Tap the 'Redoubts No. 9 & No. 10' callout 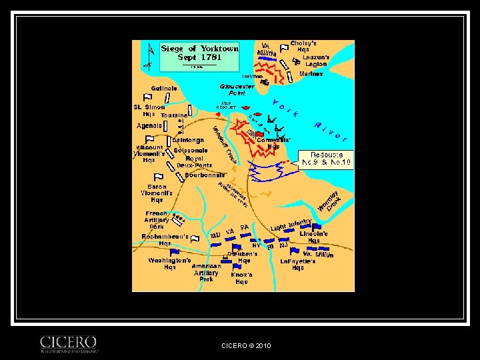(x=325, y=157)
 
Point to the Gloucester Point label (x=237, y=89)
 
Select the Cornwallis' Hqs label (x=274, y=143)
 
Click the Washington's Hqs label (x=170, y=263)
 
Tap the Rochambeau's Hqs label (x=165, y=240)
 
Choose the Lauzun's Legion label (x=316, y=61)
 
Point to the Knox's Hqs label (x=241, y=278)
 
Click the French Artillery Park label (x=157, y=220)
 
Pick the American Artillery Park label (x=206, y=272)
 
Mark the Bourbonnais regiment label (x=205, y=175)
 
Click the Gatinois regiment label (x=164, y=89)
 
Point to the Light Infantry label (x=291, y=225)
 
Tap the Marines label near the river (x=311, y=74)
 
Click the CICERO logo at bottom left (x=69, y=343)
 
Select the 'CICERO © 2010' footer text (x=246, y=345)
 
